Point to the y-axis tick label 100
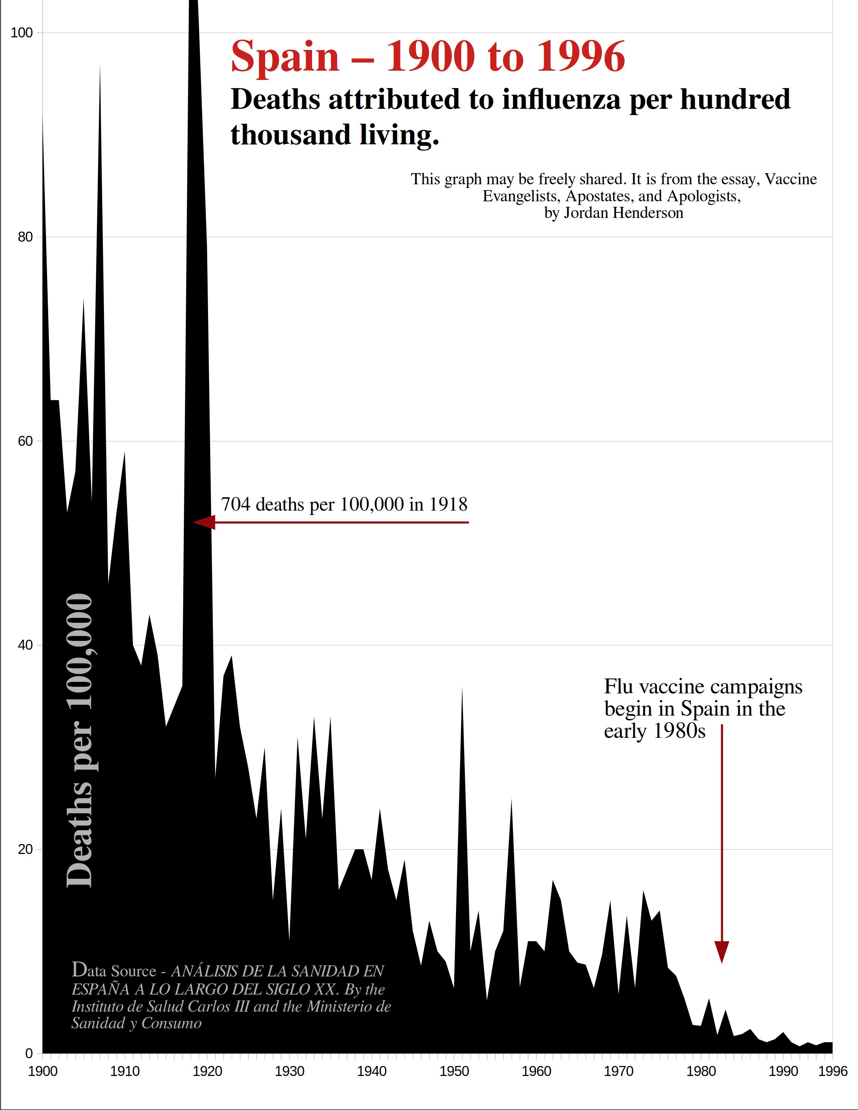pyautogui.click(x=21, y=33)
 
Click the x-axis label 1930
pyautogui.click(x=289, y=1072)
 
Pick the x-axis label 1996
pyautogui.click(x=832, y=1072)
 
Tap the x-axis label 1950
pyautogui.click(x=454, y=1072)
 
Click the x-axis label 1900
pyautogui.click(x=42, y=1072)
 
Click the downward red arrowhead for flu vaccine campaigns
pyautogui.click(x=722, y=951)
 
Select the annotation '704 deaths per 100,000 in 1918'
pyautogui.click(x=344, y=504)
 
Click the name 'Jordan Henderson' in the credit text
pyautogui.click(x=623, y=212)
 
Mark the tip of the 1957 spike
pyautogui.click(x=511, y=800)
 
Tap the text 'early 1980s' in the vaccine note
pyautogui.click(x=655, y=731)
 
